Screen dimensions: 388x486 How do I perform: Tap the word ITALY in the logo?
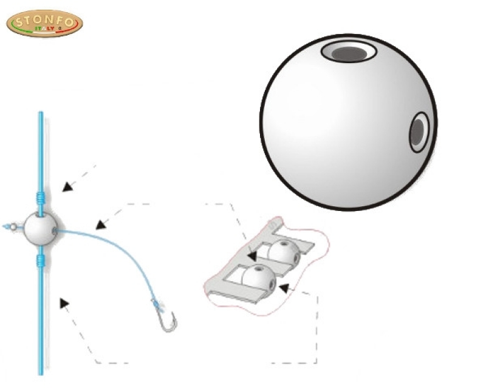point(47,29)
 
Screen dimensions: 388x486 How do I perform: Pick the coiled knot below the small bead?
point(41,261)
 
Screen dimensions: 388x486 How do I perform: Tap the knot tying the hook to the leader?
point(157,303)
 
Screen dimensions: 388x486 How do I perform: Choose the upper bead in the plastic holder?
point(284,251)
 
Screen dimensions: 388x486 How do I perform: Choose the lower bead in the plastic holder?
point(258,276)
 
